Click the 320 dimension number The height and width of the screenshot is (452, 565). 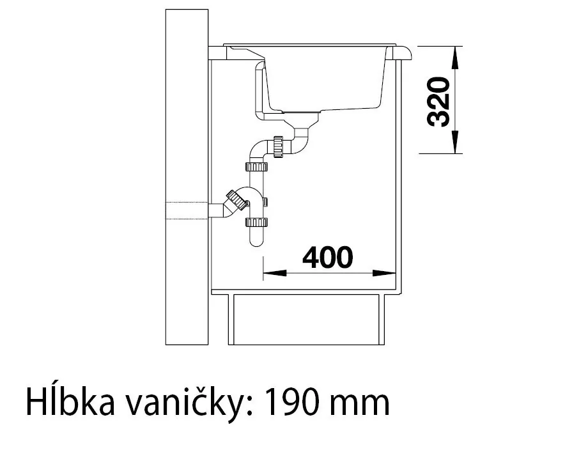pyautogui.click(x=438, y=102)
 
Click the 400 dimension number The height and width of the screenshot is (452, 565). pyautogui.click(x=327, y=258)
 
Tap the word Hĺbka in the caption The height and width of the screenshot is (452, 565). pyautogui.click(x=70, y=401)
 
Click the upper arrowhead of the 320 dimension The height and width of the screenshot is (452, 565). pyautogui.click(x=455, y=58)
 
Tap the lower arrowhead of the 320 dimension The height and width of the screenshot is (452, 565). pyautogui.click(x=455, y=142)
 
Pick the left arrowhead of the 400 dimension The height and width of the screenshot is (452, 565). pyautogui.click(x=275, y=273)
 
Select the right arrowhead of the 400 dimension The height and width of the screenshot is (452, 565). pyautogui.click(x=385, y=273)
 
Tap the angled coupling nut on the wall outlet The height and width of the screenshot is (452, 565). pyautogui.click(x=236, y=199)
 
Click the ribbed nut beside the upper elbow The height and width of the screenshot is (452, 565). pyautogui.click(x=278, y=146)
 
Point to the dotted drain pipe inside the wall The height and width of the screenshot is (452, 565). pyautogui.click(x=187, y=211)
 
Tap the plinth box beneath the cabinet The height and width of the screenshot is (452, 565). pyautogui.click(x=306, y=320)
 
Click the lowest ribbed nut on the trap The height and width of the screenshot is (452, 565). pyautogui.click(x=256, y=222)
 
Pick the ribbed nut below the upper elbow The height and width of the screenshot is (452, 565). pyautogui.click(x=256, y=167)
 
